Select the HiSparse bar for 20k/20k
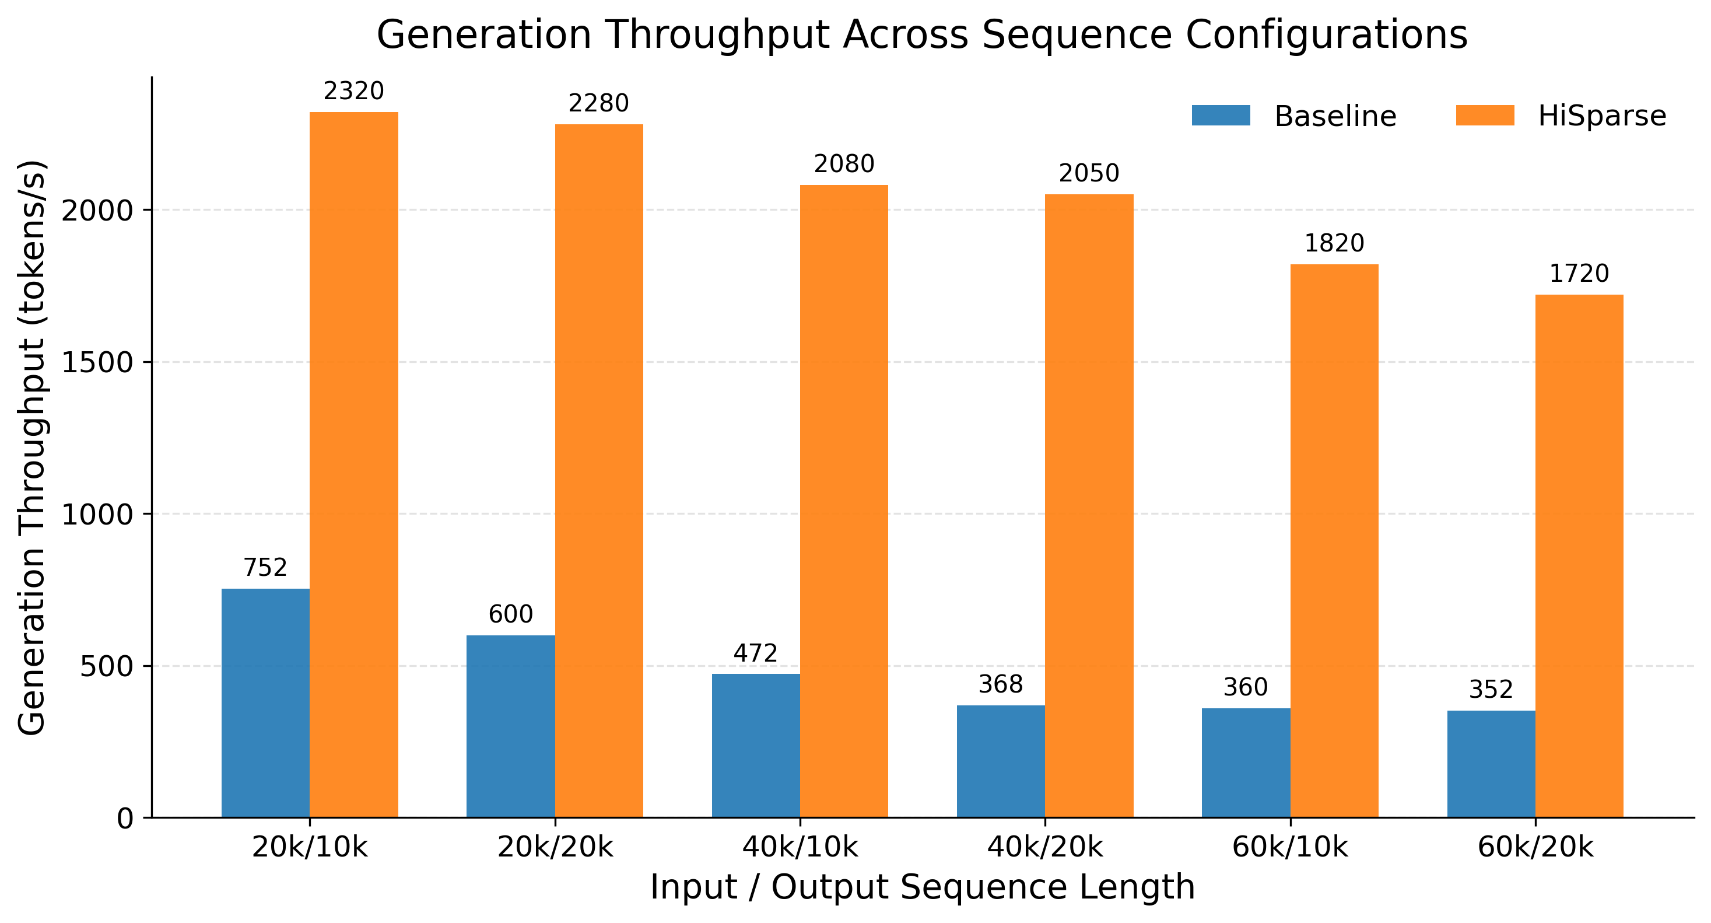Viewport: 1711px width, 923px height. (598, 470)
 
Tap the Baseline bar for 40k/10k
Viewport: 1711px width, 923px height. (755, 745)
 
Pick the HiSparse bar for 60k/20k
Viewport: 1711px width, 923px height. (1579, 555)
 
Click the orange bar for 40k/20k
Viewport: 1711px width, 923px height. (1089, 505)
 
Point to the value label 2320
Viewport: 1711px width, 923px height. (353, 91)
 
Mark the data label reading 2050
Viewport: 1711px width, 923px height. (1089, 173)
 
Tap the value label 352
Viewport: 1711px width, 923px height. (1491, 690)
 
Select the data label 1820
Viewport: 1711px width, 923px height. (1334, 243)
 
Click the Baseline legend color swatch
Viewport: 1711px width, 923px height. (1220, 116)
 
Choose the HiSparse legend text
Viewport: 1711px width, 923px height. (1601, 116)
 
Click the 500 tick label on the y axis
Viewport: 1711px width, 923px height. (106, 666)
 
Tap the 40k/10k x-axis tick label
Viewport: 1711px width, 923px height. (800, 847)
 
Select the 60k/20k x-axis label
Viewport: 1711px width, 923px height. (1535, 847)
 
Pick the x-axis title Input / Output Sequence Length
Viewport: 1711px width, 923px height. (922, 887)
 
